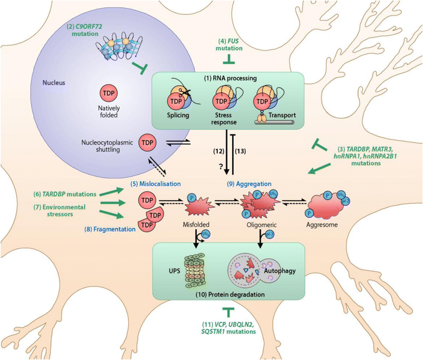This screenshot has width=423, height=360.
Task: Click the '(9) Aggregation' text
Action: coord(245,177)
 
